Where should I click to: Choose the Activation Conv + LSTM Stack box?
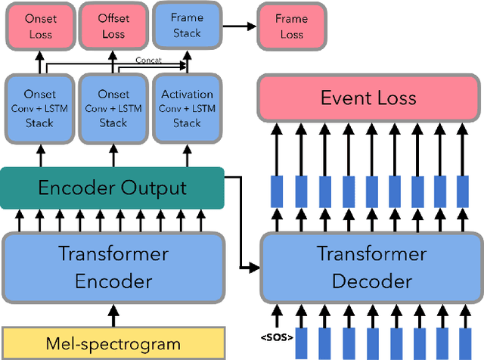(187, 109)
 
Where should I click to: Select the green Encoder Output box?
(112, 188)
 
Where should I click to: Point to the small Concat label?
(147, 60)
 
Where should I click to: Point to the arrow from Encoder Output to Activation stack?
(187, 155)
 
